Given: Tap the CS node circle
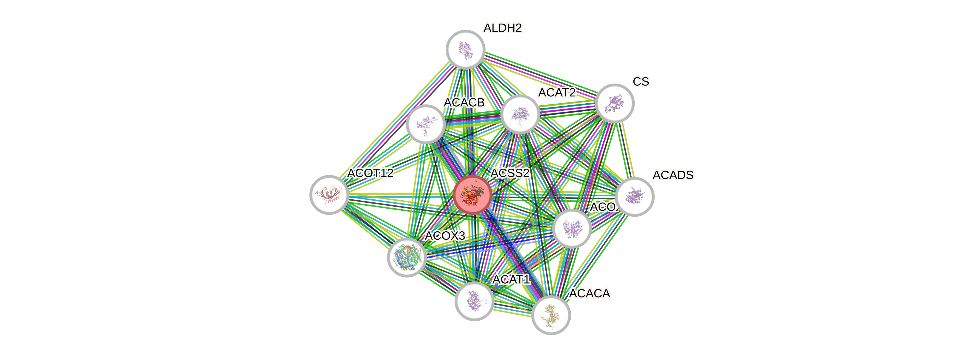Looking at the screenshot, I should pyautogui.click(x=614, y=103).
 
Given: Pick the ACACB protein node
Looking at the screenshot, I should pyautogui.click(x=426, y=124).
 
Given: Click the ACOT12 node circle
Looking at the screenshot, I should pyautogui.click(x=329, y=195).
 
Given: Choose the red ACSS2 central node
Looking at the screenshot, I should pyautogui.click(x=472, y=195).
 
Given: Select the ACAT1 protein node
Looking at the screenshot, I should pyautogui.click(x=474, y=301).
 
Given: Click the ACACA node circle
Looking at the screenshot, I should pyautogui.click(x=551, y=315).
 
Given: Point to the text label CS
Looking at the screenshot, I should pyautogui.click(x=641, y=81).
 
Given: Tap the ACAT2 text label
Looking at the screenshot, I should pyautogui.click(x=557, y=92).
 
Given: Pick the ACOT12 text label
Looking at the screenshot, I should pyautogui.click(x=370, y=173).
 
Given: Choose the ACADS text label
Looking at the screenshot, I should pyautogui.click(x=673, y=175).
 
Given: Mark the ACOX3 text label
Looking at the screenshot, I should pyautogui.click(x=445, y=236).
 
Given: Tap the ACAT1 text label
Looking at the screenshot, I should pyautogui.click(x=511, y=279).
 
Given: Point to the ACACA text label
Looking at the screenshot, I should pyautogui.click(x=590, y=293).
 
